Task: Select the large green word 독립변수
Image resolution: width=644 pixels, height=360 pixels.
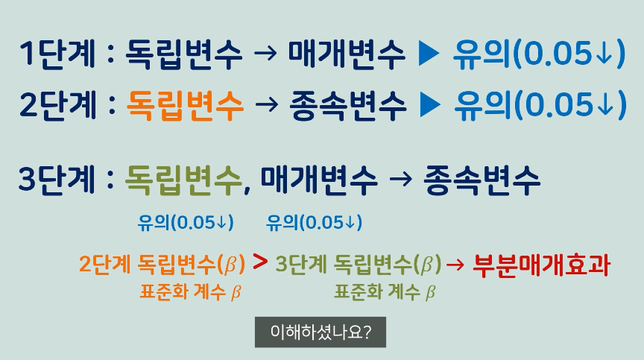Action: click(x=183, y=180)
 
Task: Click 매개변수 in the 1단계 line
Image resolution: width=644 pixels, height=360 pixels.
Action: click(x=347, y=56)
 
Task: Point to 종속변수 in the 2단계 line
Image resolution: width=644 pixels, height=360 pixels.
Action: click(x=348, y=106)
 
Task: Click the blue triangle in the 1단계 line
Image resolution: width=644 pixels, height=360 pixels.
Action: click(x=430, y=56)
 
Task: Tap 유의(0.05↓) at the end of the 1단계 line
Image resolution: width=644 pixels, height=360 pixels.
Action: click(x=538, y=56)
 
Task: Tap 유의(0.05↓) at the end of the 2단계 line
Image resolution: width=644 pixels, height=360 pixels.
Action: click(x=539, y=106)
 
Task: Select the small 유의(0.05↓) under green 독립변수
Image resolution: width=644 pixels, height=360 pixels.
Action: click(x=186, y=221)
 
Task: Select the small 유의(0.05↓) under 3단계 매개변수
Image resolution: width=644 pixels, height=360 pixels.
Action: click(x=314, y=221)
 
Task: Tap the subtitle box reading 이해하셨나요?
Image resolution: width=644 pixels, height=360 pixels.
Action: click(x=321, y=332)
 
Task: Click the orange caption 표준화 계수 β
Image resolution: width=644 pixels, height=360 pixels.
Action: click(x=190, y=291)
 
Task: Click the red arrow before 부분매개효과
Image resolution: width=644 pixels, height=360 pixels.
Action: click(x=456, y=265)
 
